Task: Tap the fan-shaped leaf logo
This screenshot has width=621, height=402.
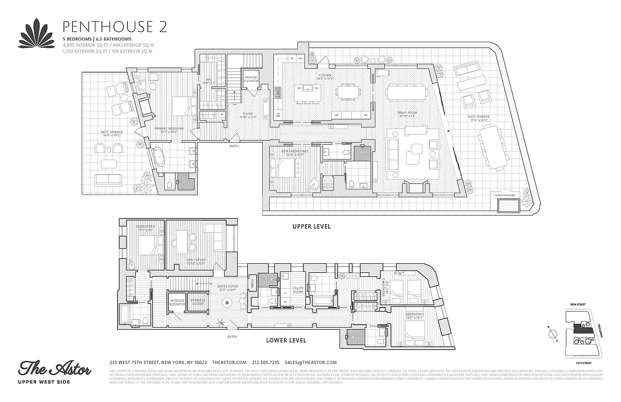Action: point(37,34)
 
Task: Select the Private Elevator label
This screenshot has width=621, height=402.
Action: point(251,79)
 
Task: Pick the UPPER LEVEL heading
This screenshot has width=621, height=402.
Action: point(312,227)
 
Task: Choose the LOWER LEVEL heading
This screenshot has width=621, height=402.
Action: point(286,340)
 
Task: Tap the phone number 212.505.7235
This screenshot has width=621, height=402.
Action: point(266,362)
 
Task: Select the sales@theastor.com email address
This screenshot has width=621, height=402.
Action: point(310,362)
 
